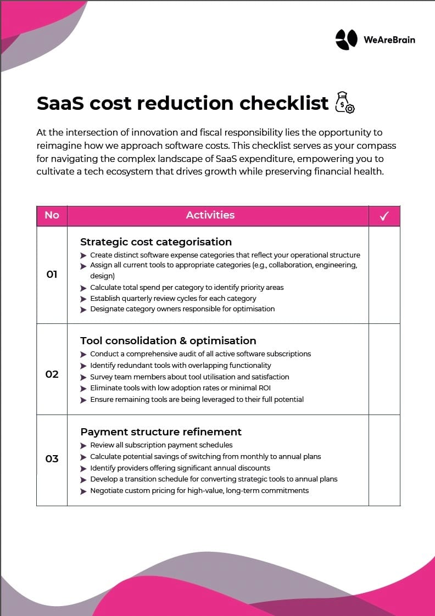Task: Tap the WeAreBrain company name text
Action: click(x=389, y=40)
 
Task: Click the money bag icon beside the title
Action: click(x=344, y=102)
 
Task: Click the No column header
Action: click(x=52, y=215)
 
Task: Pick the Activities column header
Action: click(x=210, y=215)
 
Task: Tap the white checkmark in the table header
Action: click(x=384, y=216)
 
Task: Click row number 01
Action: click(x=52, y=274)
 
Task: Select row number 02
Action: click(x=52, y=374)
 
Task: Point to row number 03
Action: click(x=52, y=458)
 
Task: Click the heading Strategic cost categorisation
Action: click(x=156, y=242)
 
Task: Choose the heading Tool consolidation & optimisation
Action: click(x=168, y=340)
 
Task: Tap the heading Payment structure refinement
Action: click(x=161, y=432)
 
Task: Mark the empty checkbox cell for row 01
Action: click(x=384, y=275)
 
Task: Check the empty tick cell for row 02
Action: click(x=384, y=369)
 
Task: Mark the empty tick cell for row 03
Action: click(x=384, y=460)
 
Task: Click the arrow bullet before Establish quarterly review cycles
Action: click(x=83, y=299)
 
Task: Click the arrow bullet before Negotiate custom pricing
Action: click(x=83, y=491)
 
